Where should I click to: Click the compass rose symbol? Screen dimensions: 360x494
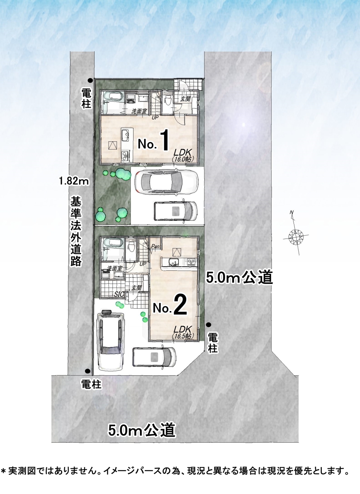296,237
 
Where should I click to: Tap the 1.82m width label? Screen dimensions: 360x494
74,181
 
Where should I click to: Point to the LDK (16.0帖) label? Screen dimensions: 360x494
183,155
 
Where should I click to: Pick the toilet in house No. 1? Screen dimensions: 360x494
168,99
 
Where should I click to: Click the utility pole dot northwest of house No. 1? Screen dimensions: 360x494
90,81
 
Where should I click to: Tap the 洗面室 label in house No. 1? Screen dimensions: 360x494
139,111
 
